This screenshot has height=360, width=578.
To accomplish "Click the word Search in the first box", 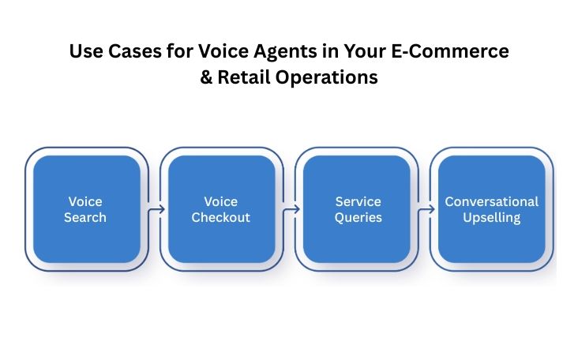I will pos(85,217).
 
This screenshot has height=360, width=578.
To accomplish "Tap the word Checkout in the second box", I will pos(220,217).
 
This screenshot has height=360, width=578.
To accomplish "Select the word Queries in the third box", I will pos(358,217).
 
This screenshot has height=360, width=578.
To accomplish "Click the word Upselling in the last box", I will pos(492,217).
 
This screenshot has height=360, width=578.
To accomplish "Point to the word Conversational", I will pos(492,201).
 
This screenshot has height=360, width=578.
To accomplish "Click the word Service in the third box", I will pos(358,201).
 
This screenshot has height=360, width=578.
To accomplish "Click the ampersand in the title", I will pos(207,79).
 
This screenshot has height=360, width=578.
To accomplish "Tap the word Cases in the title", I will pos(126,52).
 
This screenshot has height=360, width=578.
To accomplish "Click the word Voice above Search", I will pos(85,201).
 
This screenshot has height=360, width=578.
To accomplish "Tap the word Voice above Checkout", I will pos(220,201).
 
